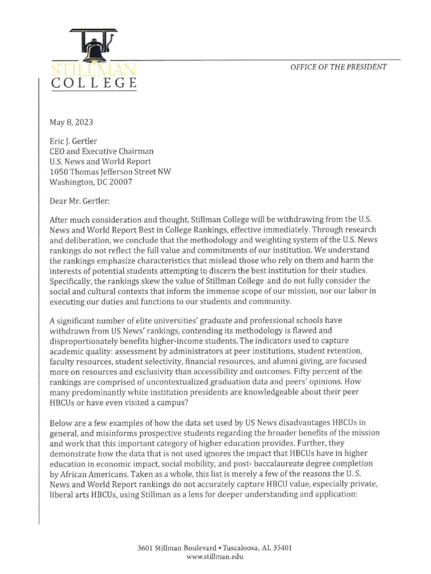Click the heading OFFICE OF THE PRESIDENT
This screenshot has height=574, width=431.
338,67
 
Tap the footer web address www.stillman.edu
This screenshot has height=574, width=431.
215,557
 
